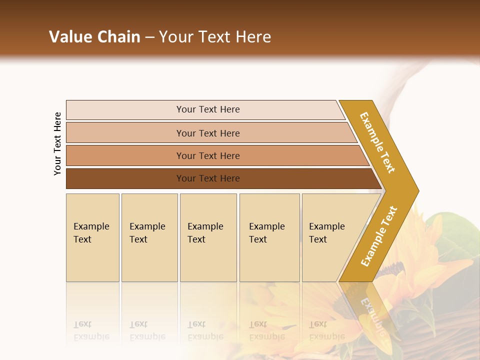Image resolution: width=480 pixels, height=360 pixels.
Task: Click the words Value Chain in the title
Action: pyautogui.click(x=94, y=36)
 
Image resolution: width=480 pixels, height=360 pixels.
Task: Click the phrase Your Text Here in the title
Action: pyautogui.click(x=215, y=36)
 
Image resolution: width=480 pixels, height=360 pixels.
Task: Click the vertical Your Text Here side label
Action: pyautogui.click(x=57, y=144)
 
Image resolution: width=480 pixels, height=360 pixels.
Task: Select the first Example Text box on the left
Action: pyautogui.click(x=92, y=237)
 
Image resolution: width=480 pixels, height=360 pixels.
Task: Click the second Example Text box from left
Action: pyautogui.click(x=149, y=237)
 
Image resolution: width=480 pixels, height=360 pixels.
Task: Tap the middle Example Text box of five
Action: pyautogui.click(x=208, y=237)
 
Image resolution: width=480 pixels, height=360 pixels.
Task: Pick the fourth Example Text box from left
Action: pyautogui.click(x=269, y=237)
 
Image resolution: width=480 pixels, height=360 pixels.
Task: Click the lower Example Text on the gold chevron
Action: pyautogui.click(x=378, y=236)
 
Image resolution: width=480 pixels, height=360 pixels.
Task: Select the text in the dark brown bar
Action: pyautogui.click(x=208, y=178)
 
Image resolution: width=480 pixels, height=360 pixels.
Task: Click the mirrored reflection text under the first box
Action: pyautogui.click(x=91, y=330)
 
